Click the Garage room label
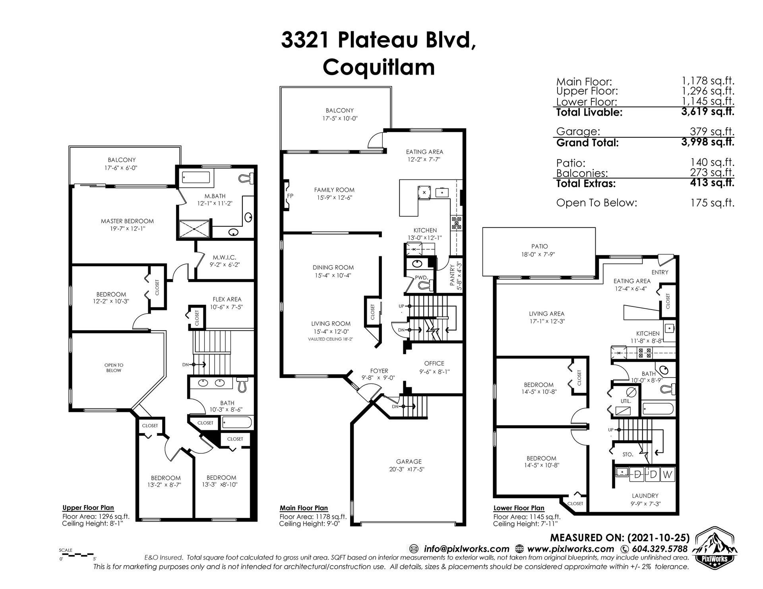pyautogui.click(x=409, y=462)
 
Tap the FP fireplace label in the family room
pyautogui.click(x=290, y=196)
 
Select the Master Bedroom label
pyautogui.click(x=127, y=221)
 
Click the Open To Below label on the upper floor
pyautogui.click(x=114, y=368)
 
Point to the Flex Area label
pyautogui.click(x=227, y=299)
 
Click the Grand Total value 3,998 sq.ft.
pyautogui.click(x=708, y=142)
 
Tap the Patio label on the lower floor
pyautogui.click(x=539, y=246)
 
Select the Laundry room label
pyautogui.click(x=645, y=496)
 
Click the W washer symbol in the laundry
pyautogui.click(x=668, y=474)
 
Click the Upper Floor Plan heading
pyautogui.click(x=88, y=508)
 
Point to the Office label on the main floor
pyautogui.click(x=434, y=363)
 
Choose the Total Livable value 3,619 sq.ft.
pyautogui.click(x=708, y=112)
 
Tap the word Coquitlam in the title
pyautogui.click(x=378, y=67)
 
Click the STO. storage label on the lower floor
pyautogui.click(x=628, y=454)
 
